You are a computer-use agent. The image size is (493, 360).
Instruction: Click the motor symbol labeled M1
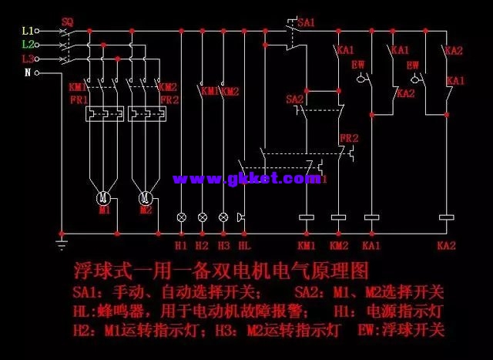pyautogui.click(x=104, y=199)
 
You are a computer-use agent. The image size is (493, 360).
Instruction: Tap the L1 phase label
pyautogui.click(x=28, y=31)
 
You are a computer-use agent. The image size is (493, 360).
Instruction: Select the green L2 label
pyautogui.click(x=28, y=45)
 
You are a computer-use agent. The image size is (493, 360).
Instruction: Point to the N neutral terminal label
pyautogui.click(x=28, y=72)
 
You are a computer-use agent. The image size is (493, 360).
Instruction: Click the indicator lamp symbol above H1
pyautogui.click(x=182, y=217)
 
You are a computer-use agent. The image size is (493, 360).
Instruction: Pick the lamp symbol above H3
pyautogui.click(x=223, y=217)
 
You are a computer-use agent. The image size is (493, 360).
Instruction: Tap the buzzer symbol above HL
pyautogui.click(x=243, y=217)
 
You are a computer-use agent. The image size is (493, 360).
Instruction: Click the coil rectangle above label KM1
pyautogui.click(x=306, y=218)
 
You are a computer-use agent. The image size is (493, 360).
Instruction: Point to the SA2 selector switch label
pyautogui.click(x=294, y=99)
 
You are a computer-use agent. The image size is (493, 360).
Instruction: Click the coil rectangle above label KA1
pyautogui.click(x=371, y=218)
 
